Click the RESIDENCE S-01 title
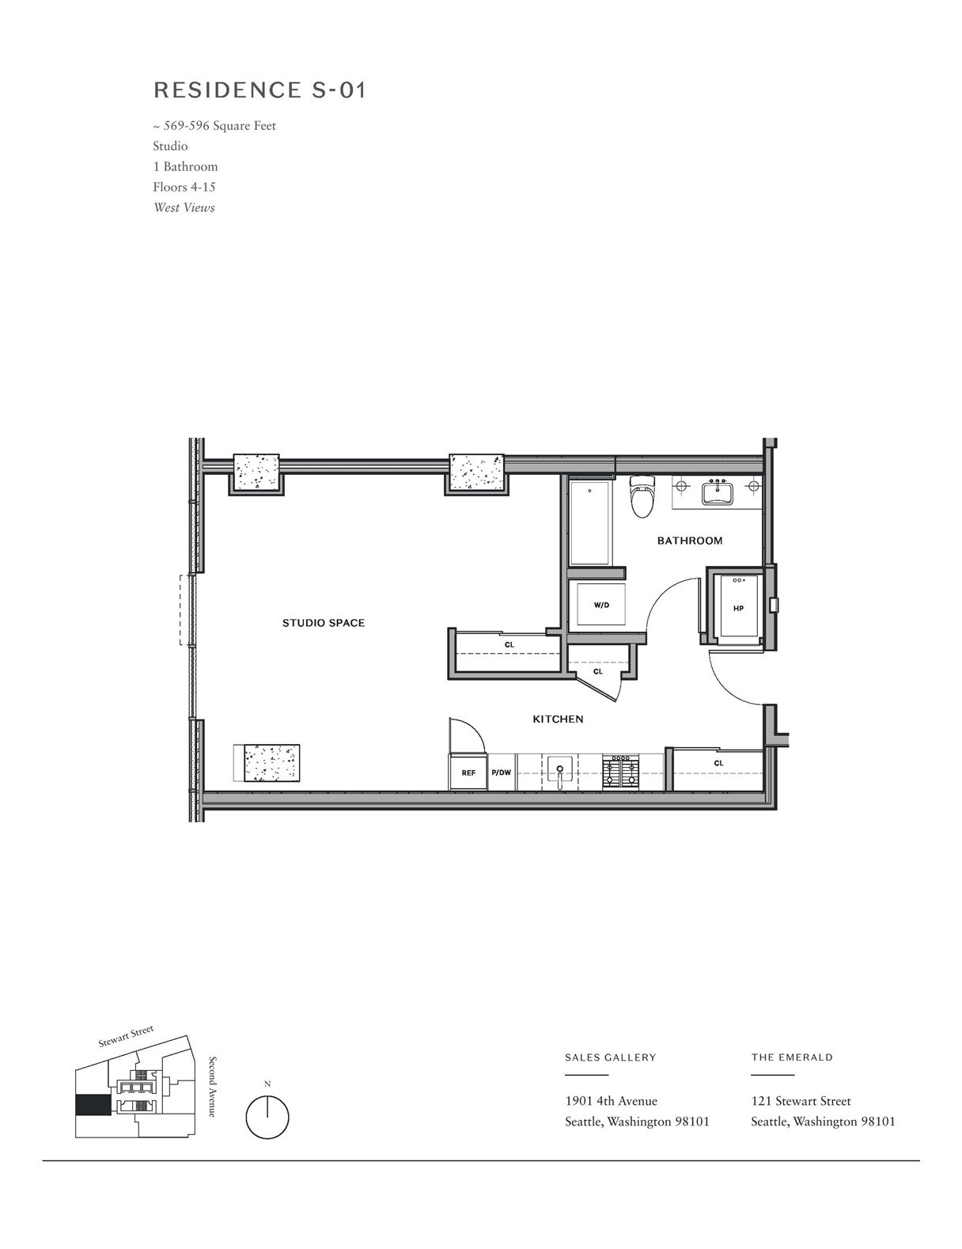(x=259, y=90)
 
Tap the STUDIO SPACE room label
(x=324, y=622)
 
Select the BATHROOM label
(x=690, y=541)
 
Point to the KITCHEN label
(x=558, y=719)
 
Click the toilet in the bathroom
(x=642, y=496)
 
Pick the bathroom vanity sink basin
(x=717, y=492)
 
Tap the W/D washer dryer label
(x=601, y=605)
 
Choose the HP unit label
(x=739, y=608)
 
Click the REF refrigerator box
(x=468, y=772)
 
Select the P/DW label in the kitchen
(x=502, y=773)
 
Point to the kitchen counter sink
(x=560, y=771)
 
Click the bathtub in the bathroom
(x=590, y=523)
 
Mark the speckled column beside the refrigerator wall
(x=271, y=763)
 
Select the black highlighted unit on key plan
(x=93, y=1105)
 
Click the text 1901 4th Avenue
(x=611, y=1101)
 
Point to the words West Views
(x=184, y=207)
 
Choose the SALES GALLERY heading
(x=610, y=1057)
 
